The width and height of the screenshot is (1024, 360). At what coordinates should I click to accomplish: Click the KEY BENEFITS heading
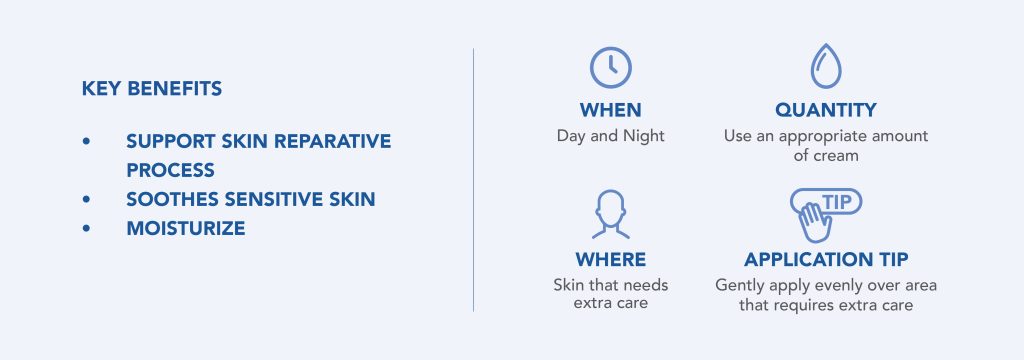[152, 89]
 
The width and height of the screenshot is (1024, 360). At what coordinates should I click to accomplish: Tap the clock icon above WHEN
[610, 67]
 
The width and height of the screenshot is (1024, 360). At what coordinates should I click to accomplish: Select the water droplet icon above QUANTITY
[825, 67]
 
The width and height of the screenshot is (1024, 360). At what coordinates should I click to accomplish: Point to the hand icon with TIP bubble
[823, 213]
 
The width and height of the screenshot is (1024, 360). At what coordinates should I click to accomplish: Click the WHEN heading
[610, 110]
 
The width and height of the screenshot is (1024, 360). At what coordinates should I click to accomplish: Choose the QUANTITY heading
[825, 110]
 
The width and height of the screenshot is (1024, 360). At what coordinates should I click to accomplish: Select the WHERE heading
[610, 260]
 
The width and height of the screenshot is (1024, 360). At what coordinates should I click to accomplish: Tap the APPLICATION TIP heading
[826, 260]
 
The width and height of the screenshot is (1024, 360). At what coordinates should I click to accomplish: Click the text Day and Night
[610, 136]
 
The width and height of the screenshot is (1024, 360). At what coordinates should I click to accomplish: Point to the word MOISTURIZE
[186, 229]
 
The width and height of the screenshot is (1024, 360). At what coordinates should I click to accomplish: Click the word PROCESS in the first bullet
[171, 170]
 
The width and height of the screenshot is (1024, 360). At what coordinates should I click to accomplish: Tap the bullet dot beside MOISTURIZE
[88, 229]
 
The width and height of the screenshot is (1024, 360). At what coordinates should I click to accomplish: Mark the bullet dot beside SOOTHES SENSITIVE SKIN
[88, 199]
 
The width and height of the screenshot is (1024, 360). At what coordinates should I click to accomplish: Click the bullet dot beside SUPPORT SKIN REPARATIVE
[88, 141]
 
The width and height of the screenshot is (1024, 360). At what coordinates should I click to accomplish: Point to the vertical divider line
[473, 180]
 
